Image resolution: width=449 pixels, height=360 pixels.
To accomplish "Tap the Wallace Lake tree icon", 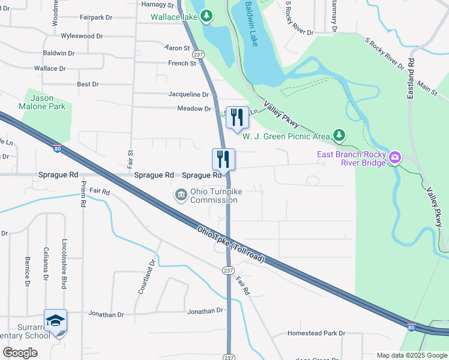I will coord(206,16).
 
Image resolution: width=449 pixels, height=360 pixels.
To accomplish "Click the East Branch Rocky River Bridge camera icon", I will coord(394,157).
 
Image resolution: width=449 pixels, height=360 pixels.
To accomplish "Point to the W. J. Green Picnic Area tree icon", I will coord(339,136).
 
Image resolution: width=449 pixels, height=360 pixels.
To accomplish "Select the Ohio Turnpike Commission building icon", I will coord(180,195).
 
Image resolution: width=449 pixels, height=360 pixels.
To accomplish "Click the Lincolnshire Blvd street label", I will coord(65,264).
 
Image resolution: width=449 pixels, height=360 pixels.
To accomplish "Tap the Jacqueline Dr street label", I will coord(188,94).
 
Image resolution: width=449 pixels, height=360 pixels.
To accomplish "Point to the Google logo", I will coord(20,353).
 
